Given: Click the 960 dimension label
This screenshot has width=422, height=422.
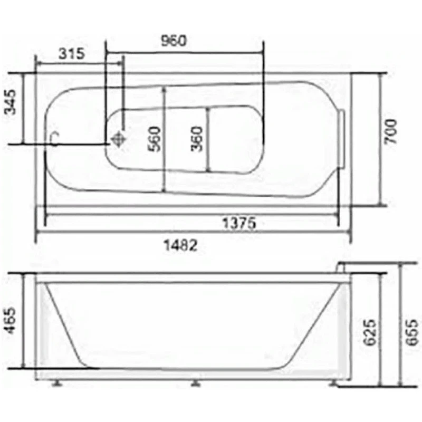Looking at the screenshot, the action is tap(174, 41).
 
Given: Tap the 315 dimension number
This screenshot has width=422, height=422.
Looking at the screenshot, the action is tap(72, 53).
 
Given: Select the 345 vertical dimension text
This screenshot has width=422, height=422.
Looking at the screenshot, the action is tap(11, 102).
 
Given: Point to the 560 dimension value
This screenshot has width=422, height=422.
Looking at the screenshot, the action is tap(154, 139).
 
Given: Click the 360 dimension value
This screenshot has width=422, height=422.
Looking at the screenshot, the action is tap(196, 139).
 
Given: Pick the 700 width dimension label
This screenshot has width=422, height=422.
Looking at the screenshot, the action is tap(390, 132).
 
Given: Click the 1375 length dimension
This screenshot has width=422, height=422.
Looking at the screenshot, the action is tap(239, 223).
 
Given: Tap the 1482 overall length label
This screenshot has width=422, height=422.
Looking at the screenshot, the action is tap(180, 245).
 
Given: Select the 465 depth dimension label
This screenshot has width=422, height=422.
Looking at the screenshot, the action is tap(11, 321).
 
